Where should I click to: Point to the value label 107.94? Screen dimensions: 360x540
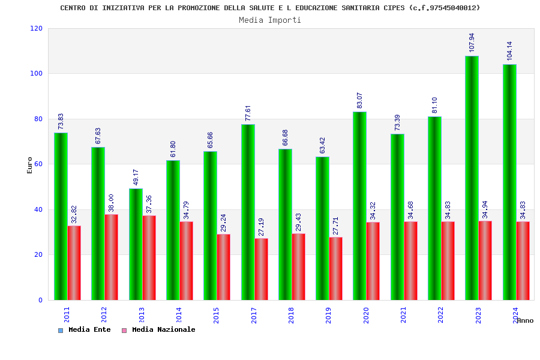click(472, 42)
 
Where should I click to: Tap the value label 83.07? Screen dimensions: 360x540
click(359, 100)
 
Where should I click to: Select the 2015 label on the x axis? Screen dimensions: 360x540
click(217, 315)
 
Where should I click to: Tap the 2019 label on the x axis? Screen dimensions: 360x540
click(329, 315)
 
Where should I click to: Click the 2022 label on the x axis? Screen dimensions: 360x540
click(441, 315)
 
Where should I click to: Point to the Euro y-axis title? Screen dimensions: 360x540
click(30, 165)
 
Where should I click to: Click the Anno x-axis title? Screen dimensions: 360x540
click(525, 320)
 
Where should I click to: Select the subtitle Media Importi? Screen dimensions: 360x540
click(270, 20)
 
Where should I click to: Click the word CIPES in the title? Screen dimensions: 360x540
click(394, 8)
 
